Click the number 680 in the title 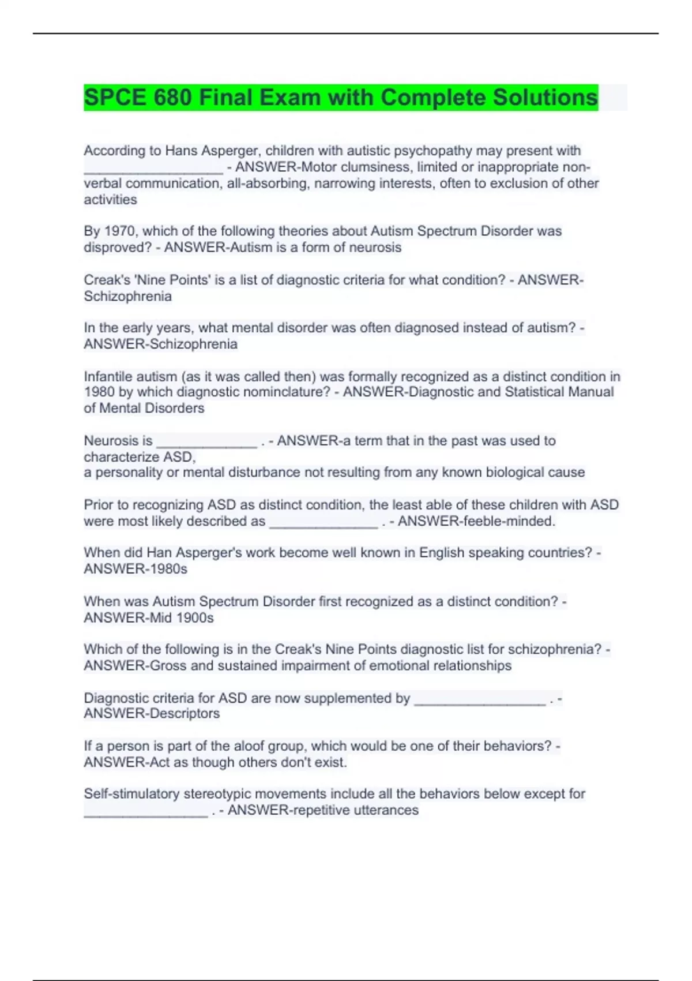(x=172, y=98)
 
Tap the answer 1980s (x=169, y=569)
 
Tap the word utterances (x=386, y=810)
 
